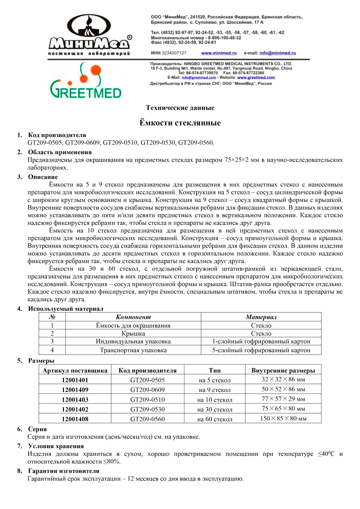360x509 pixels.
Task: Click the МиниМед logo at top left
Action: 89,34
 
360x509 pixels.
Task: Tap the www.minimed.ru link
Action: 219,53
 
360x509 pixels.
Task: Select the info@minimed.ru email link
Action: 277,53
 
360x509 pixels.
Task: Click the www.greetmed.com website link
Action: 256,77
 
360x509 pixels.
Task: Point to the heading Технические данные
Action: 180,108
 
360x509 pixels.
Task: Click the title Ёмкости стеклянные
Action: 180,123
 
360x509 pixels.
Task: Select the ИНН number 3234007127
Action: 174,53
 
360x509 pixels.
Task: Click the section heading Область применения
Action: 60,152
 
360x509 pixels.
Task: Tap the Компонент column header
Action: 133,317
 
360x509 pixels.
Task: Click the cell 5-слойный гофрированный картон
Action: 261,350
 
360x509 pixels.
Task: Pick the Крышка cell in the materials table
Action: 133,334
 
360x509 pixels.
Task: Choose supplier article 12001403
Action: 75,400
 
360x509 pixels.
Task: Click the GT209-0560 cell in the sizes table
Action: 147,419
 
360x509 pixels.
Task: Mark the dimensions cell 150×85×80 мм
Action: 283,418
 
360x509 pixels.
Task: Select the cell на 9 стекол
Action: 215,390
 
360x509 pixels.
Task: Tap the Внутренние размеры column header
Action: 283,370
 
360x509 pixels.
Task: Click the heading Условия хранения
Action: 56,446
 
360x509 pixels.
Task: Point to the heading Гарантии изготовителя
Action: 64,471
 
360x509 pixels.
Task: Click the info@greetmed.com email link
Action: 199,77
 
